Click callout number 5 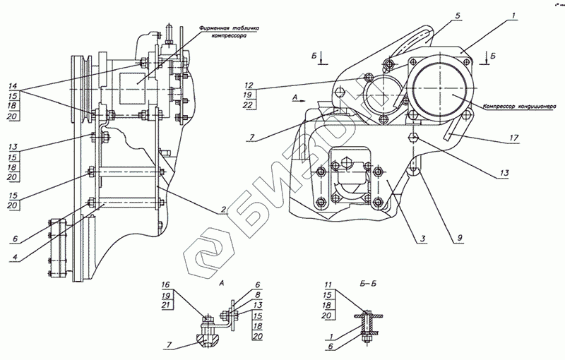pos(437,15)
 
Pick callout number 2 pos(222,211)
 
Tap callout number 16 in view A pos(167,286)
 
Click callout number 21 pos(167,305)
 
